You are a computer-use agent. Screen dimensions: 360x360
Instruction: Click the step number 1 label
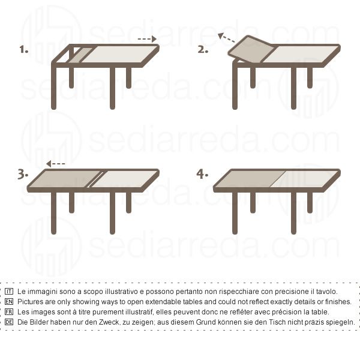pos(23,49)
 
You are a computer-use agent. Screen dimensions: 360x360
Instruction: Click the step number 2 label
pos(203,49)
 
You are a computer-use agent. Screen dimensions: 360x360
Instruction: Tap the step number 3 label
pos(23,174)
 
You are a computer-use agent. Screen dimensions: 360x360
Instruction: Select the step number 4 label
pos(202,174)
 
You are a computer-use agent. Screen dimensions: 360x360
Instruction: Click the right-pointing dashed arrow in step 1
pos(147,39)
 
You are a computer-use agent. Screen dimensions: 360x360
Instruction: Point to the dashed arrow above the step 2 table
pos(226,38)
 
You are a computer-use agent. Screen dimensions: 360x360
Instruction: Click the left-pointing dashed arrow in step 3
pos(56,164)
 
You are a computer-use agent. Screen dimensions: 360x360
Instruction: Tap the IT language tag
pos(9,292)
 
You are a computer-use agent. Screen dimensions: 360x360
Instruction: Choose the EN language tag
pos(9,302)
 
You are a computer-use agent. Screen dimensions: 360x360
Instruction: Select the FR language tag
pos(9,312)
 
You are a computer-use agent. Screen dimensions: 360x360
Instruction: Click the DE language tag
pos(9,322)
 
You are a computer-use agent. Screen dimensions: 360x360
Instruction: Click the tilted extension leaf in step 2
pos(251,50)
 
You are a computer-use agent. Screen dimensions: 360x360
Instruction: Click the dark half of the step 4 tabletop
pos(250,179)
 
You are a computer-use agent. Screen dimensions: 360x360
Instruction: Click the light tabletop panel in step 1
pos(119,55)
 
